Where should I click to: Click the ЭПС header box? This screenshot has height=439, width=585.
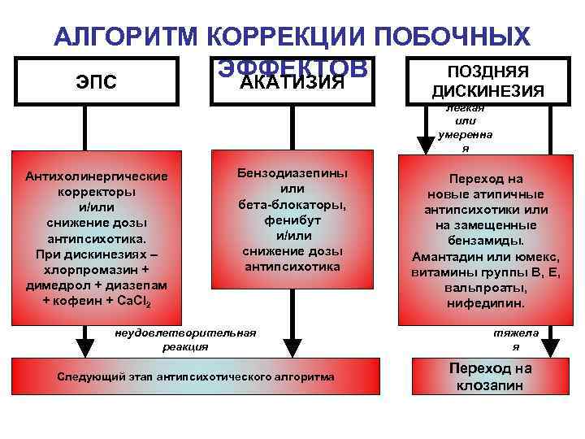pyautogui.click(x=96, y=81)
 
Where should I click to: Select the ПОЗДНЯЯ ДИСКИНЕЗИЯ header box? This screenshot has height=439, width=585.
pyautogui.click(x=488, y=81)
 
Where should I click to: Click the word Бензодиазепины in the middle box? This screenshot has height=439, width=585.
pyautogui.click(x=292, y=174)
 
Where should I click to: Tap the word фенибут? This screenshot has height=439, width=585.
pyautogui.click(x=292, y=220)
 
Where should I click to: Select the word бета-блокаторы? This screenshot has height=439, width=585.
pyautogui.click(x=292, y=205)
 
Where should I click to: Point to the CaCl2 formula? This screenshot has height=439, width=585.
pyautogui.click(x=140, y=302)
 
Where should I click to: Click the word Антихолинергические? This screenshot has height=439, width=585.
pyautogui.click(x=97, y=176)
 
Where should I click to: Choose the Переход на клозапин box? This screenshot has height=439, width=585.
pyautogui.click(x=490, y=376)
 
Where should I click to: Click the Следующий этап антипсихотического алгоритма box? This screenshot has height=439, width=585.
pyautogui.click(x=196, y=377)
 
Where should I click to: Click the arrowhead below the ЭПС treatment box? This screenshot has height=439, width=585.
pyautogui.click(x=83, y=341)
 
